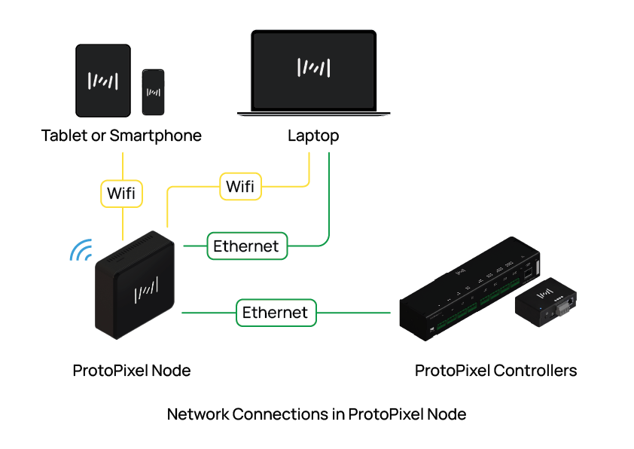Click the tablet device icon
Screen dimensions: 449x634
pos(104,79)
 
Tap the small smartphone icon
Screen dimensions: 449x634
pos(153,93)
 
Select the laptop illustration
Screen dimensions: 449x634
pos(313,73)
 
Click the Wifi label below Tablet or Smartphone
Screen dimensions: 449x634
pos(122,193)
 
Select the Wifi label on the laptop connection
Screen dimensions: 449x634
pos(240,186)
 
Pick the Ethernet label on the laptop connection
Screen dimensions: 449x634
pos(246,246)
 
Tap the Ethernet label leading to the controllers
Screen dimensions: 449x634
pos(276,312)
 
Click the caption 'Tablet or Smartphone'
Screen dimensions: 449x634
pos(121,136)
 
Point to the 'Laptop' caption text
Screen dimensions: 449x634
pos(313,136)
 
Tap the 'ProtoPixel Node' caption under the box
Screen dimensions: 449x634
pos(132,371)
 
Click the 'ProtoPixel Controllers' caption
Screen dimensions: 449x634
pos(495,371)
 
